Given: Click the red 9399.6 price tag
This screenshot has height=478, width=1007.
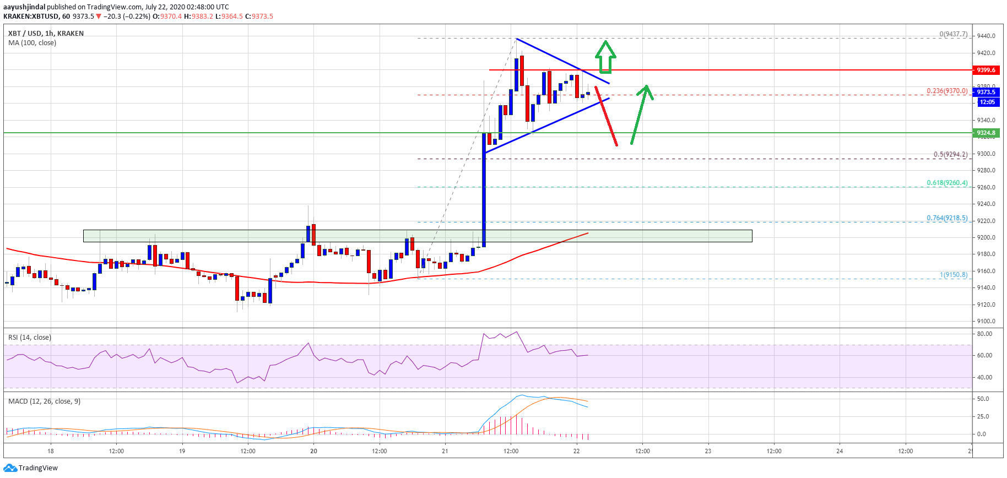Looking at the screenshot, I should point(986,70).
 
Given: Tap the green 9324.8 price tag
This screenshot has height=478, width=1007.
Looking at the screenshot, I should point(986,133).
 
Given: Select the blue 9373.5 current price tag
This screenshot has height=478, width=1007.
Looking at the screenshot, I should point(986,92).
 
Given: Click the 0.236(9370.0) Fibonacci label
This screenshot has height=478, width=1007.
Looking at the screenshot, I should point(947,91).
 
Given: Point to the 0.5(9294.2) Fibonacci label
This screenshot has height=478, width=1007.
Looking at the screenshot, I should point(950,154).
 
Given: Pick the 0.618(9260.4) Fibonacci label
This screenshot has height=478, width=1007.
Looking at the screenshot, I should point(947,183).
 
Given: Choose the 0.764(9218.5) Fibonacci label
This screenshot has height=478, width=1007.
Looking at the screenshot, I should point(947,218).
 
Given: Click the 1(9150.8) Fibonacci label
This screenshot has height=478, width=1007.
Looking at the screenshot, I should point(954,274).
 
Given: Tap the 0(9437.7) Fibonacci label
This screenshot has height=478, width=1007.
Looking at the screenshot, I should point(954,34).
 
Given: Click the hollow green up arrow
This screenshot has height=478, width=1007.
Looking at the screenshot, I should point(605,57).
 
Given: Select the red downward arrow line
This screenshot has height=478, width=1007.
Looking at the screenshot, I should point(606,116).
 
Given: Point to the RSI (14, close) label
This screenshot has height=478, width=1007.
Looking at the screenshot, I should point(30,338).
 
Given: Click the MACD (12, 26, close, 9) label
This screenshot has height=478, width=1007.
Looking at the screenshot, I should point(44,401).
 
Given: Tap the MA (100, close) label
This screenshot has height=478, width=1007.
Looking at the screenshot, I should point(32,43).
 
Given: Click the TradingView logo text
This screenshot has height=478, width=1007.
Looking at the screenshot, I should point(38,468).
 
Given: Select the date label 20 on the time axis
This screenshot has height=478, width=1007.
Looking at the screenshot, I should point(313,451).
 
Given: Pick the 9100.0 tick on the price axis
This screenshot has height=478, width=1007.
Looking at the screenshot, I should point(986,321).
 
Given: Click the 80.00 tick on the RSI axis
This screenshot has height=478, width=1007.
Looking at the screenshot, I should point(984,334).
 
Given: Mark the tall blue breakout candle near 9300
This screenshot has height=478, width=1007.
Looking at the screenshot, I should point(484,190).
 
